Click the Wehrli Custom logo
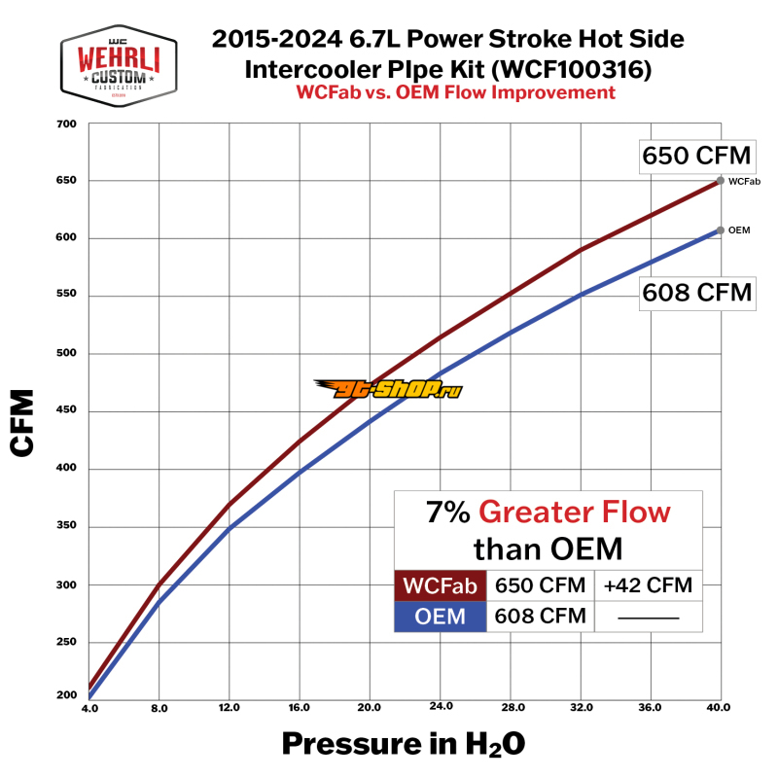(x=119, y=65)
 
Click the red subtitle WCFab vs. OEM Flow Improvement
(x=454, y=93)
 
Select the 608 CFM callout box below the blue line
(x=696, y=291)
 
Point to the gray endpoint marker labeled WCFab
(x=720, y=180)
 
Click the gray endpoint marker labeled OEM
(x=720, y=230)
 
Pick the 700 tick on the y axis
(x=65, y=124)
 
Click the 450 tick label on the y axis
(x=65, y=411)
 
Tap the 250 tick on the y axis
(x=65, y=643)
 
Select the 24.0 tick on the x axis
(x=442, y=708)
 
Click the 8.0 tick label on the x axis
(x=159, y=708)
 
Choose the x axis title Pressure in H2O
(x=404, y=744)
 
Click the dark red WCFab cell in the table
(x=440, y=585)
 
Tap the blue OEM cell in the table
(x=440, y=616)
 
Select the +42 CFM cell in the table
(x=647, y=585)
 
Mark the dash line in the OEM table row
(x=647, y=617)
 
